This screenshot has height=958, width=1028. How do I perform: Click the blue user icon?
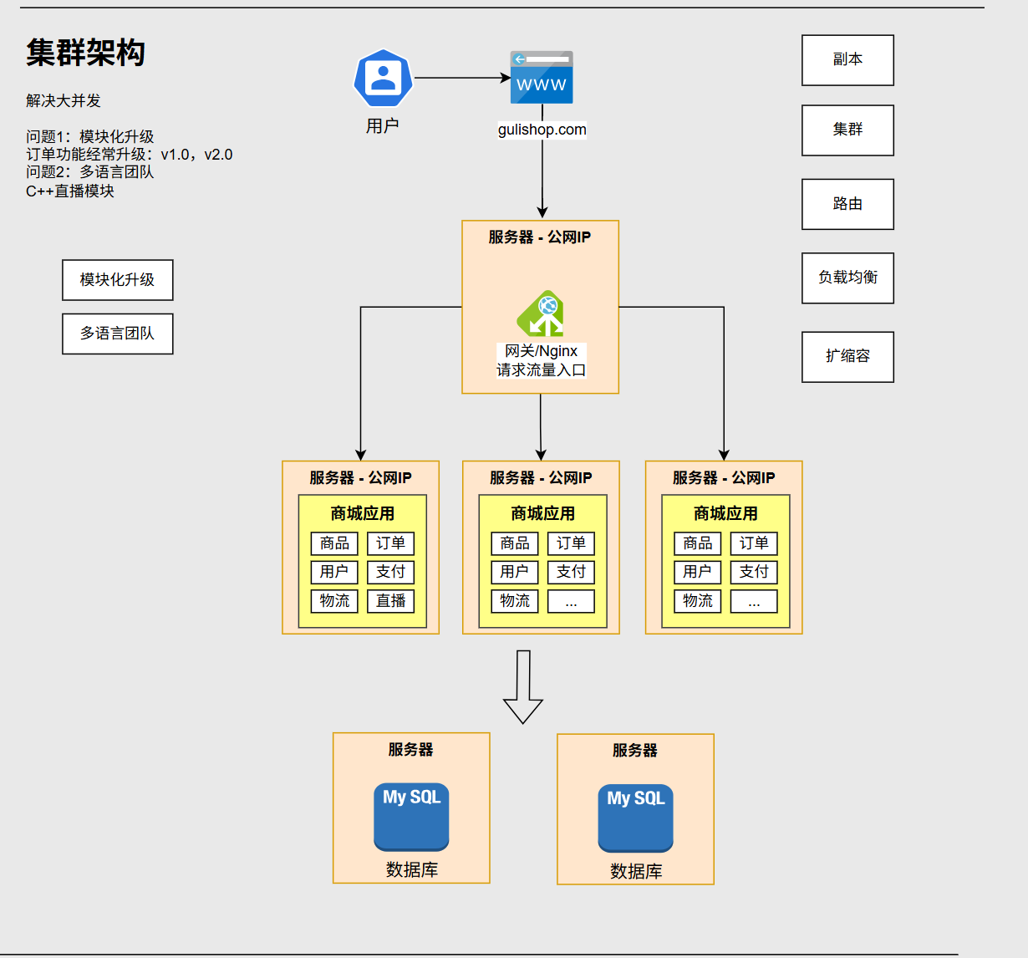click(x=383, y=79)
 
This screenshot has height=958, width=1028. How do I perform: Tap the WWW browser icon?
click(x=542, y=77)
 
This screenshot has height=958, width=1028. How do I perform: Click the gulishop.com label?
click(x=542, y=130)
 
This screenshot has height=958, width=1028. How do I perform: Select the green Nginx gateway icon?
click(x=541, y=313)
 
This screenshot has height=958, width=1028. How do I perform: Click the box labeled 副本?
click(x=847, y=60)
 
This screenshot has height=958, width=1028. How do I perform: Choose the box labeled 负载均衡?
click(x=847, y=278)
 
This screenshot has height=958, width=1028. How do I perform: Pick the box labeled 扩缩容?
click(x=847, y=357)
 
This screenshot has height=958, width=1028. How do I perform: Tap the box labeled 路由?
click(x=847, y=204)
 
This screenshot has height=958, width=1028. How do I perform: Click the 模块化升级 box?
click(x=118, y=280)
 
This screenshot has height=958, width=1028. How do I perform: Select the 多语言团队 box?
click(x=118, y=334)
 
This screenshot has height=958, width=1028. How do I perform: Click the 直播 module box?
click(x=391, y=601)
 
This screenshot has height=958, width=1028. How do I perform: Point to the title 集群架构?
click(x=85, y=53)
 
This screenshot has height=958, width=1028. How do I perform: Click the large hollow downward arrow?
click(x=523, y=686)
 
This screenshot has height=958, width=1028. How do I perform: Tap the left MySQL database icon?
click(x=411, y=817)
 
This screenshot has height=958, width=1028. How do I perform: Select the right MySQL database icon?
click(x=635, y=818)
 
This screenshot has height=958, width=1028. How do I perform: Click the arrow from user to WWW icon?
click(x=462, y=78)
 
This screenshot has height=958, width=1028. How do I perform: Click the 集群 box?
click(x=847, y=130)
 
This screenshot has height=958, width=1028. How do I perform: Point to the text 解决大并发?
click(x=64, y=100)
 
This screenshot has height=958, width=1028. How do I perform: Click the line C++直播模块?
click(x=70, y=191)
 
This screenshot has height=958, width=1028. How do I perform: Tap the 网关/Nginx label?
click(x=541, y=351)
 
